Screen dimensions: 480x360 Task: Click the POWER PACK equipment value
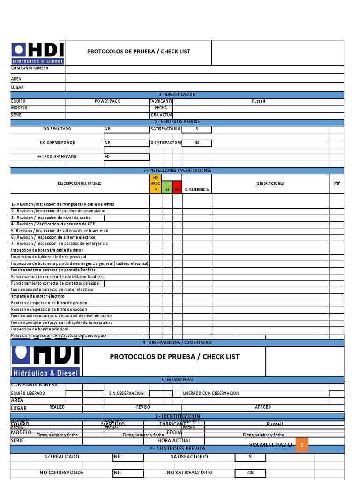coord(107,101)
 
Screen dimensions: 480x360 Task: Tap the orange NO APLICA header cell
coord(156,183)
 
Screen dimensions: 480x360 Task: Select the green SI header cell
coord(167,189)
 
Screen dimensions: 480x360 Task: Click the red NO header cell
coord(178,189)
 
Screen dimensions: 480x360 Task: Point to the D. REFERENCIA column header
coord(197,190)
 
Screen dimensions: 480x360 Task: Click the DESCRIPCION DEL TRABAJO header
coord(80,183)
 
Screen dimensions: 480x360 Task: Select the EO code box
coord(126,157)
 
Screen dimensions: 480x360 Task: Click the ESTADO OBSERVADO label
coord(57,157)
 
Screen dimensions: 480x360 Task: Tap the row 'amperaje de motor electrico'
coord(37,296)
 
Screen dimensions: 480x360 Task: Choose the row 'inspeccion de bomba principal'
coord(39,329)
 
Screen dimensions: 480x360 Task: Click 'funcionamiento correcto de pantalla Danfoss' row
coord(53,270)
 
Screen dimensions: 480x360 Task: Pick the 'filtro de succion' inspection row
coord(49,309)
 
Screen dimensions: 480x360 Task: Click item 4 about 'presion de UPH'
coord(53,224)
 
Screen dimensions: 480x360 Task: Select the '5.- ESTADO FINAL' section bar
coord(177,379)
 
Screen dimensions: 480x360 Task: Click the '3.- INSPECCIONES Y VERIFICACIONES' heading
coord(177,170)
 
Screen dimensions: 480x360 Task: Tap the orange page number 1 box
coord(302,444)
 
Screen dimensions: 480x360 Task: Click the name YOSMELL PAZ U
coord(270,444)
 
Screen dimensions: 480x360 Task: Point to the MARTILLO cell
coord(113,424)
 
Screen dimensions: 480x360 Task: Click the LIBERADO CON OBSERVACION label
coord(211,393)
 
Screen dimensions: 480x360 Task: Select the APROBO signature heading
coord(263,407)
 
